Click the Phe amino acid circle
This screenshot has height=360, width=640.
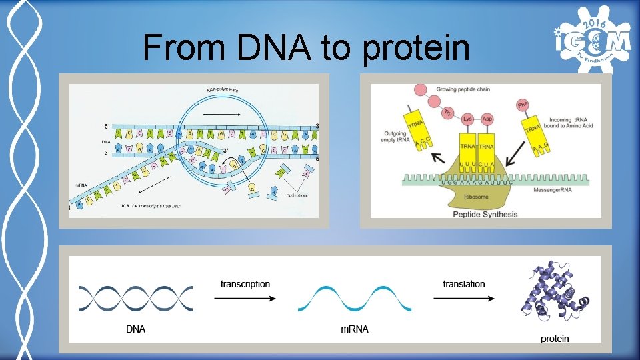(x=523, y=104)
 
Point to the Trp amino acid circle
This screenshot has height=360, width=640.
(x=448, y=113)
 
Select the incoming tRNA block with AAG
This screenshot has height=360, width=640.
(x=534, y=133)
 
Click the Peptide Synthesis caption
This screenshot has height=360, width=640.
(x=485, y=214)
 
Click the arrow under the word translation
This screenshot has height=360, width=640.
(x=464, y=298)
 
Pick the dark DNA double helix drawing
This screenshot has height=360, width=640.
(x=136, y=298)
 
